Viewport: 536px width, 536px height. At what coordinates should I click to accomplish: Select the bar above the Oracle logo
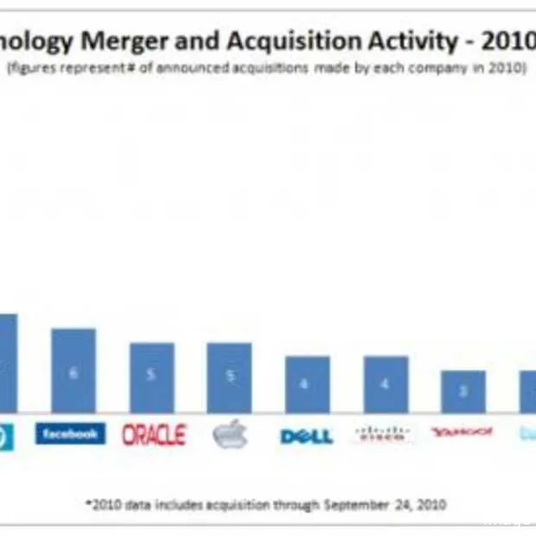pyautogui.click(x=152, y=378)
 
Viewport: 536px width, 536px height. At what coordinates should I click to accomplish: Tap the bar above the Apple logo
pyautogui.click(x=229, y=378)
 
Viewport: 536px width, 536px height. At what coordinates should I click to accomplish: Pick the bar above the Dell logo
pyautogui.click(x=307, y=385)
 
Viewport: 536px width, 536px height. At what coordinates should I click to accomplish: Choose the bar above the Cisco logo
pyautogui.click(x=386, y=385)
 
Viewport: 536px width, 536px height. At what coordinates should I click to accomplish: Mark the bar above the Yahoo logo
pyautogui.click(x=463, y=392)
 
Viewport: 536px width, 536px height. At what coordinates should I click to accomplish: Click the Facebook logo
pyautogui.click(x=70, y=433)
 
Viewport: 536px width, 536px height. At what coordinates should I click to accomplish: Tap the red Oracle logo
pyautogui.click(x=154, y=435)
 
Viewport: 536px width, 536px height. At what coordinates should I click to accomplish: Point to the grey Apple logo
pyautogui.click(x=230, y=435)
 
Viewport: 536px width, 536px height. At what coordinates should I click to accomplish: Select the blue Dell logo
pyautogui.click(x=306, y=436)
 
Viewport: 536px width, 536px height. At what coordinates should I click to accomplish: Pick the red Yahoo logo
pyautogui.click(x=462, y=431)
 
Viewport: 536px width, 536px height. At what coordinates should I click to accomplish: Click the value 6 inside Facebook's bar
pyautogui.click(x=73, y=373)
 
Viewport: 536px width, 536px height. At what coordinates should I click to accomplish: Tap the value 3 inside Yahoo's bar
pyautogui.click(x=463, y=392)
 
